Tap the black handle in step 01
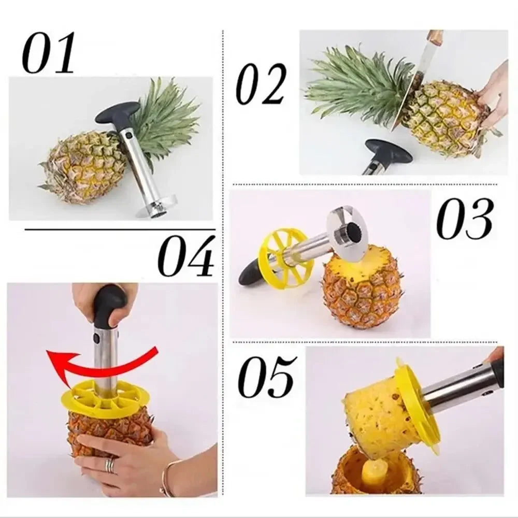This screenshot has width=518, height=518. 117,112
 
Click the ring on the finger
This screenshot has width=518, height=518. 109,465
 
